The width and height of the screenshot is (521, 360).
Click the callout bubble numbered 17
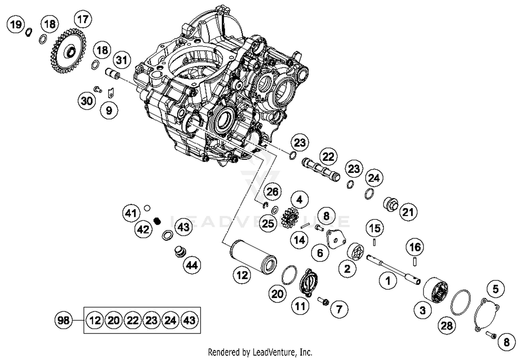[x=83, y=19]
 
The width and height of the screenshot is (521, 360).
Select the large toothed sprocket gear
[x=66, y=52]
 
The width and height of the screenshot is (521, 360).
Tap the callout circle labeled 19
[x=16, y=25]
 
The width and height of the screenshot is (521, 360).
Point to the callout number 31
[x=122, y=60]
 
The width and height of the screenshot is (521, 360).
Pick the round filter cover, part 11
[x=309, y=282]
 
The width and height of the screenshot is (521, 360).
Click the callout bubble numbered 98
[x=64, y=320]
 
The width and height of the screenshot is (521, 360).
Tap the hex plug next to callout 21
[x=390, y=204]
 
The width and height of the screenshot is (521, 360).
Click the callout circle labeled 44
[x=192, y=265]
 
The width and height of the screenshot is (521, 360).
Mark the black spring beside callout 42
[x=157, y=221]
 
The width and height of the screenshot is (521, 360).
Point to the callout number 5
[x=496, y=289]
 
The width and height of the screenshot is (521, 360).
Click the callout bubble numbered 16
[x=415, y=247]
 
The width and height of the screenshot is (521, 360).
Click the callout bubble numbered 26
[x=272, y=192]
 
